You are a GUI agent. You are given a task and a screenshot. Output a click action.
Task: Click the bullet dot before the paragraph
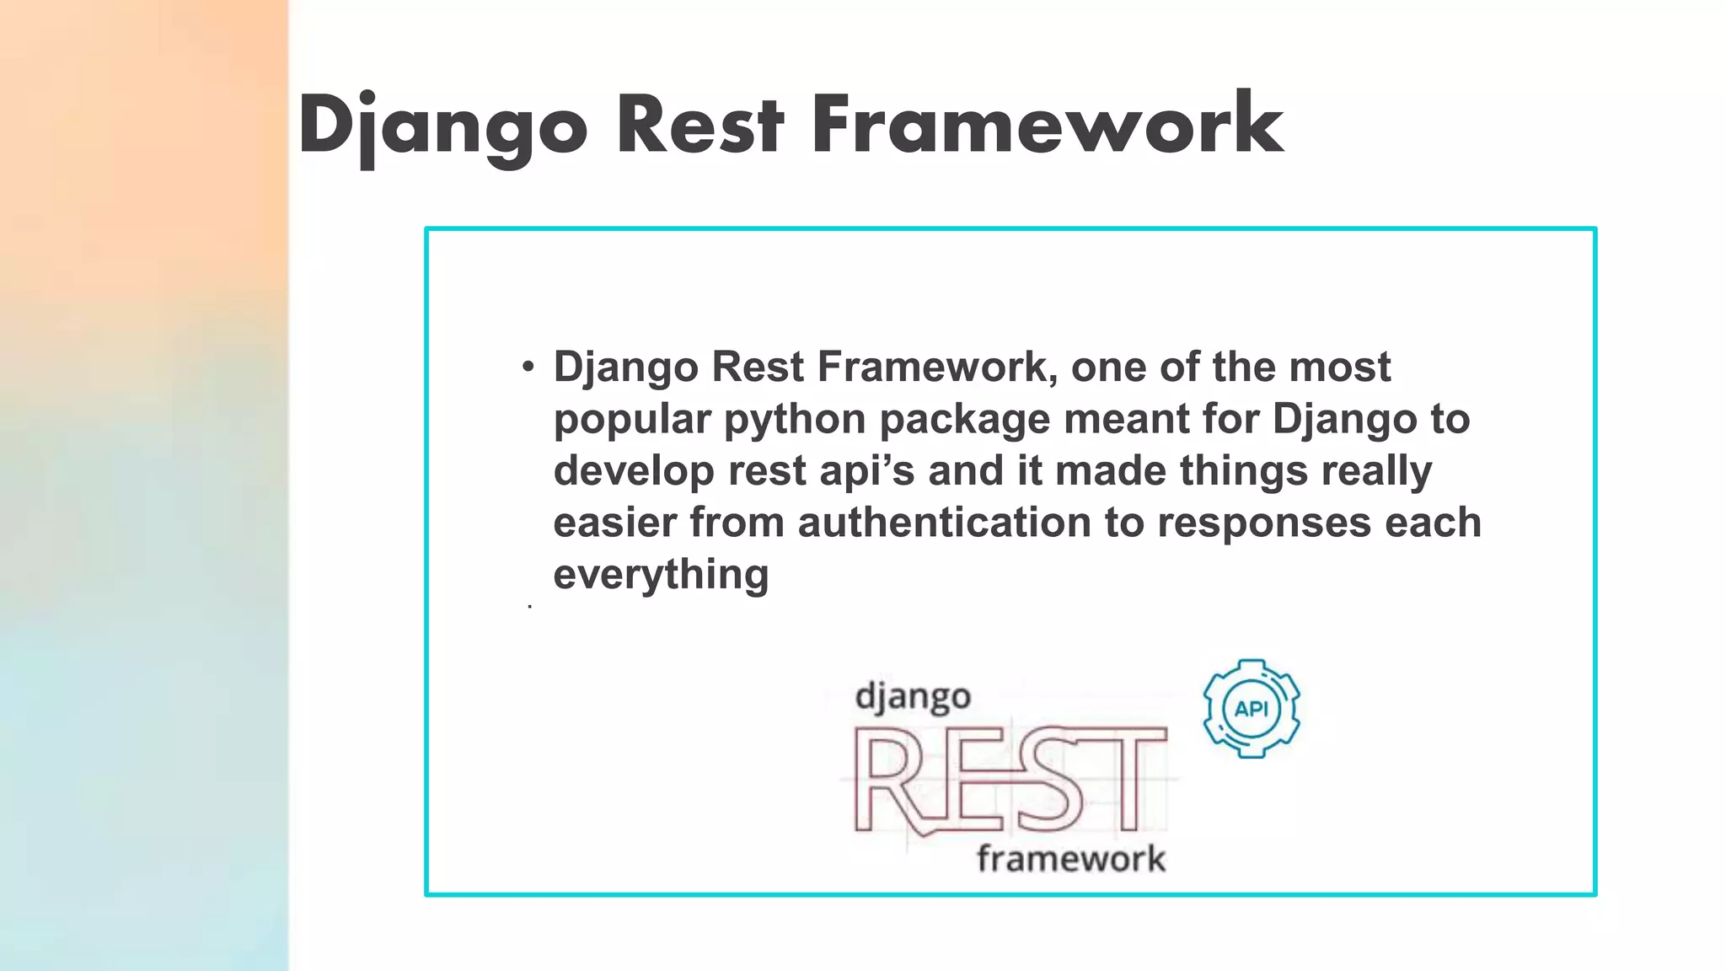click(528, 367)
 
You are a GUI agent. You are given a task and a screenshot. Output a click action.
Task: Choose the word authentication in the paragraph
click(944, 522)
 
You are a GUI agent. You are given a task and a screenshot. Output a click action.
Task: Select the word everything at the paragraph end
click(661, 574)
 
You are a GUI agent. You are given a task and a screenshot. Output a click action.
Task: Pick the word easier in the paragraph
click(614, 522)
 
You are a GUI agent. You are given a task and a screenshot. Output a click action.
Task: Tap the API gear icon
click(1251, 708)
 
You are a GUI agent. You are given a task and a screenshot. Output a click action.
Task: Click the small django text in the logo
click(913, 698)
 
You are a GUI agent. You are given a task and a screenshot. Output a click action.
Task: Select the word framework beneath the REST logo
click(1070, 859)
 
